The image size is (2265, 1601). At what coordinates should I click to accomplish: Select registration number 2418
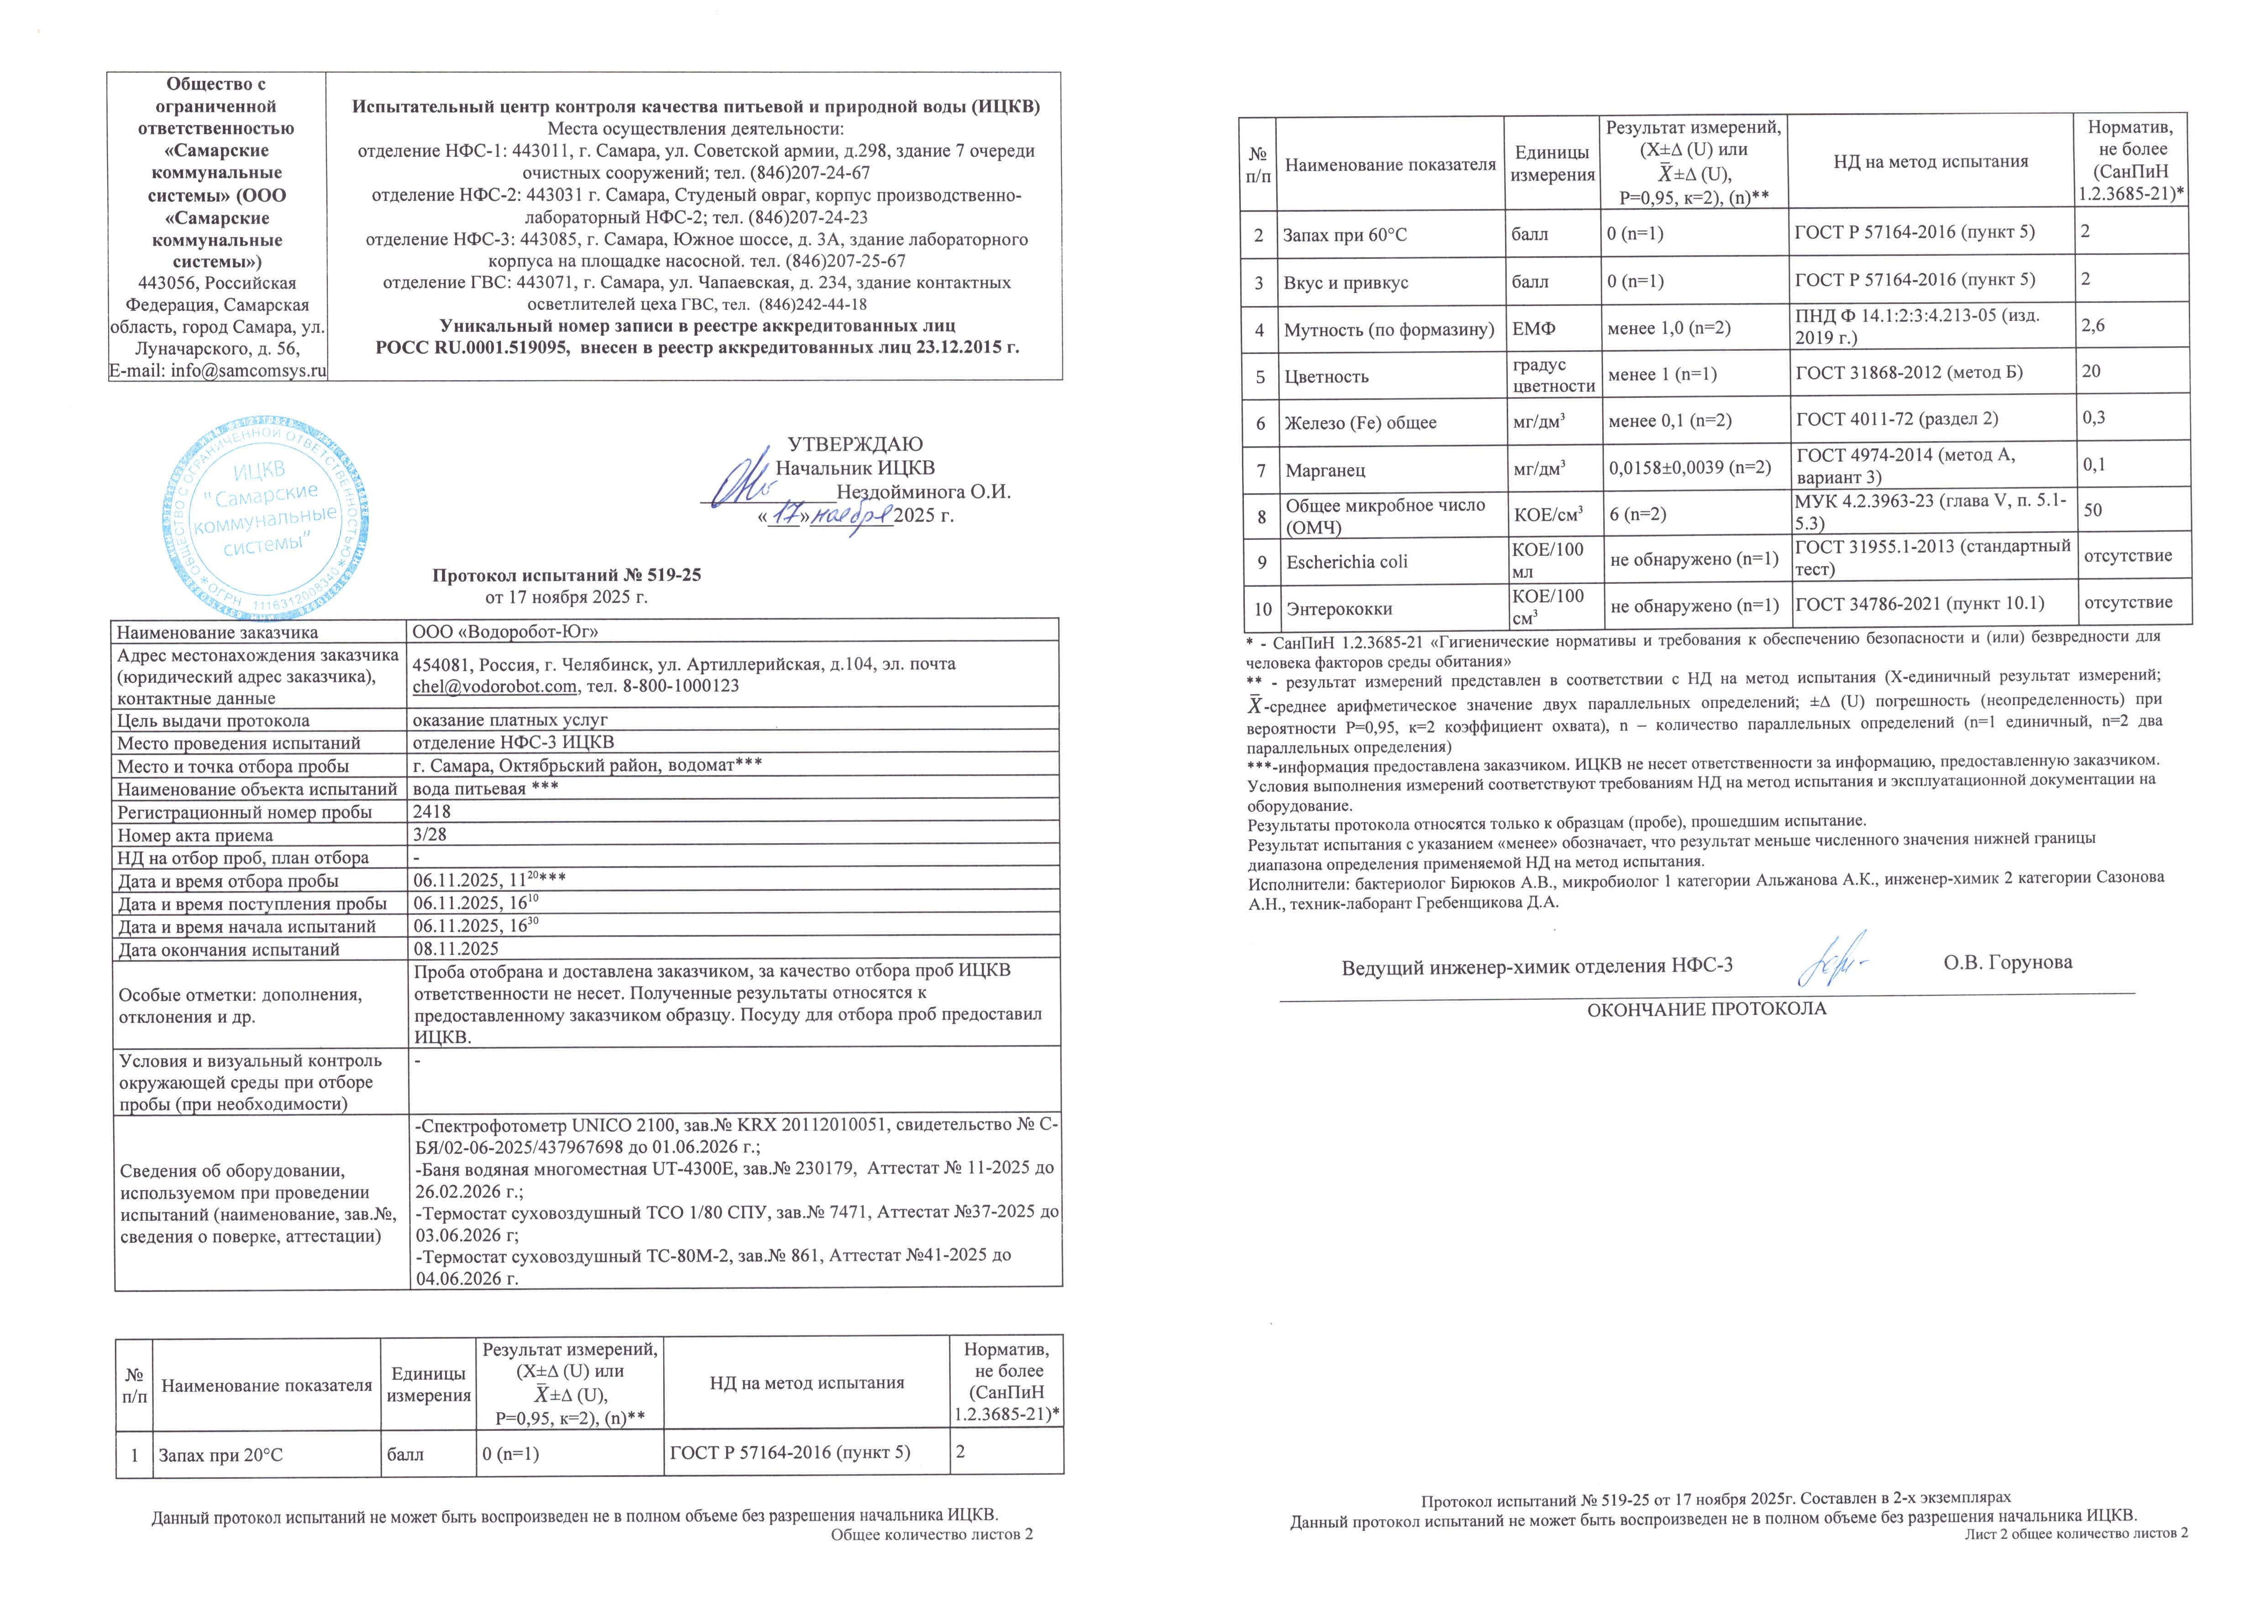pos(432,812)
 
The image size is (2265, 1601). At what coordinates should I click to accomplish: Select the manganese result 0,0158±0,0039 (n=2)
pos(1690,468)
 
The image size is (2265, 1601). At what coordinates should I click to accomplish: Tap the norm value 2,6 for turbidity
pos(2093,325)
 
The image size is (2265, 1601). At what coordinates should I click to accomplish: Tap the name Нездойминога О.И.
pos(923,491)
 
